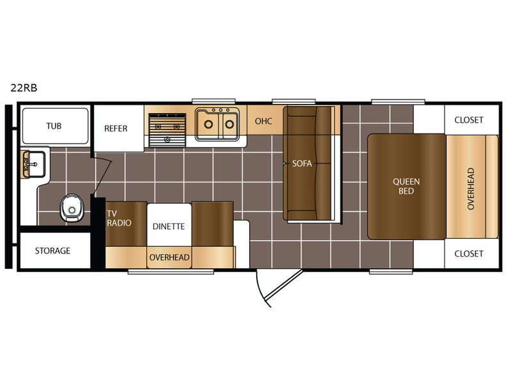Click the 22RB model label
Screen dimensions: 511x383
[24, 87]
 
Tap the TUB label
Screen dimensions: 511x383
[54, 126]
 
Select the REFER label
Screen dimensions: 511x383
[116, 128]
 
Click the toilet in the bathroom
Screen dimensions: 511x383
[72, 208]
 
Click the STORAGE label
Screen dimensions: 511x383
[53, 250]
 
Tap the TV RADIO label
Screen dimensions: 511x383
[119, 218]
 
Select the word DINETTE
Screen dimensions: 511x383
[169, 226]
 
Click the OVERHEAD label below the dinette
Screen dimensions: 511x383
[169, 257]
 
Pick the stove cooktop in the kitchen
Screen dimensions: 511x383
[167, 130]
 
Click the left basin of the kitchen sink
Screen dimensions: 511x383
[208, 124]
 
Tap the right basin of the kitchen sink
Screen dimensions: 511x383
[230, 124]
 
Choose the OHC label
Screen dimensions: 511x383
[263, 121]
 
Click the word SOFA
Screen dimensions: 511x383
[301, 163]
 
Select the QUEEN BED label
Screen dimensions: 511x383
[406, 186]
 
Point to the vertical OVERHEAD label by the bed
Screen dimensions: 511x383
[470, 188]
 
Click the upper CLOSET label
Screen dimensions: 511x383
[469, 120]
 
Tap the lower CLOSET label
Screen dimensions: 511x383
[469, 253]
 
